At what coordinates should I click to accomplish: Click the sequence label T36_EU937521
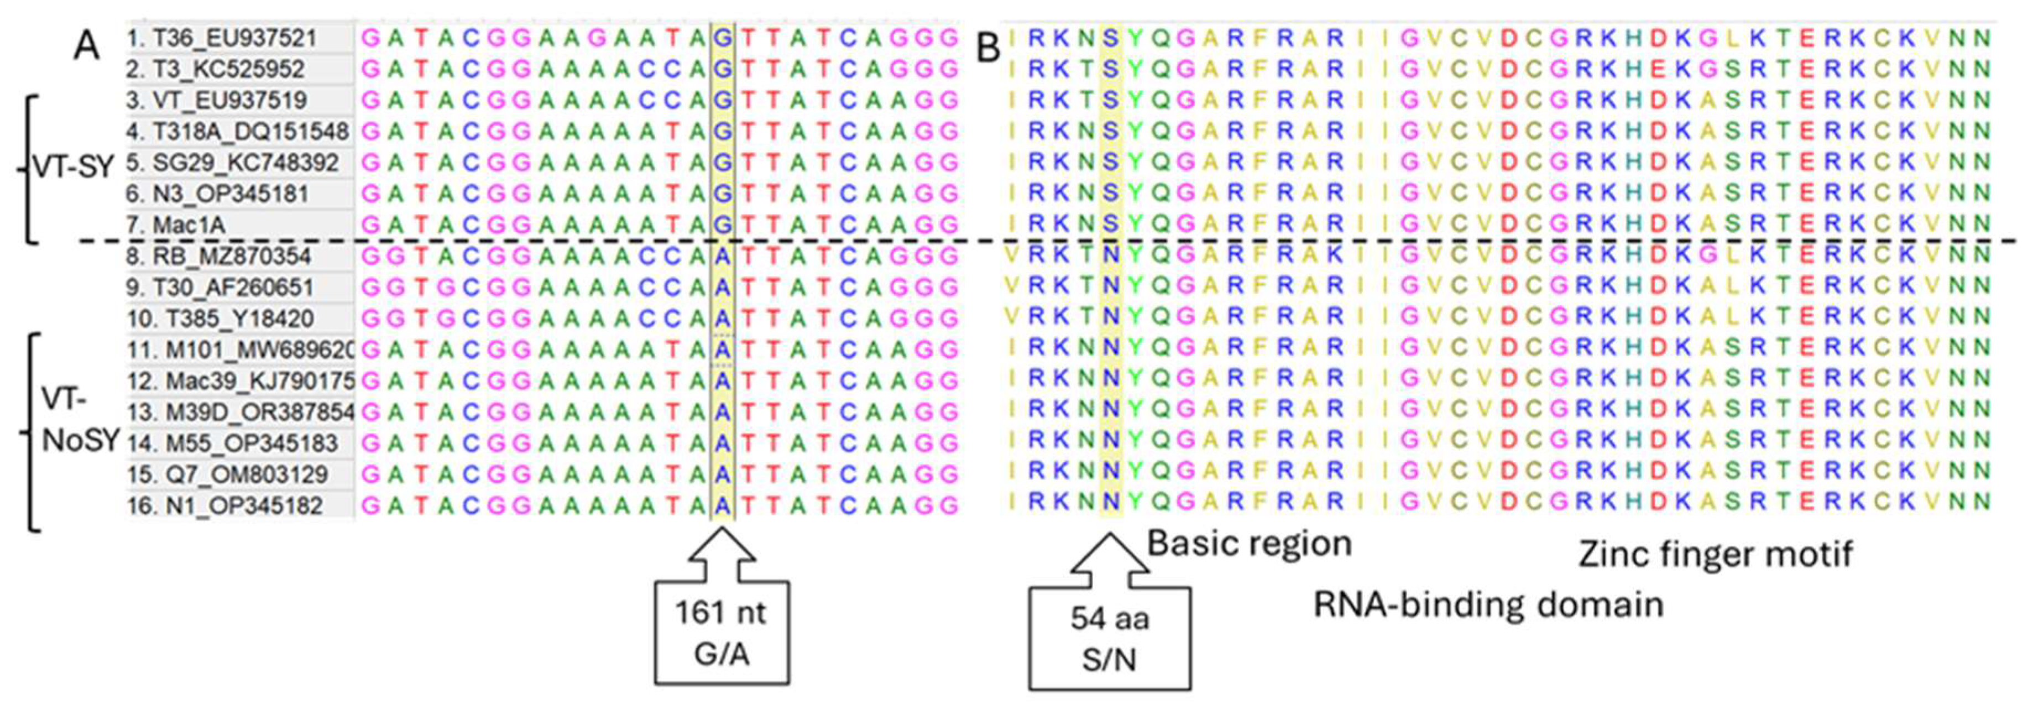(234, 38)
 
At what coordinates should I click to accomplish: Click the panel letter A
(87, 46)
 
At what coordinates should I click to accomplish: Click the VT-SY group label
(74, 168)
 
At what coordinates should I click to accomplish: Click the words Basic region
(1248, 543)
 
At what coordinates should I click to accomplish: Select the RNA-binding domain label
(1488, 606)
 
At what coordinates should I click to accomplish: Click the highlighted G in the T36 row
(722, 38)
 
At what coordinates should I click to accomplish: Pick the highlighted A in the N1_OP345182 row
(722, 505)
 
